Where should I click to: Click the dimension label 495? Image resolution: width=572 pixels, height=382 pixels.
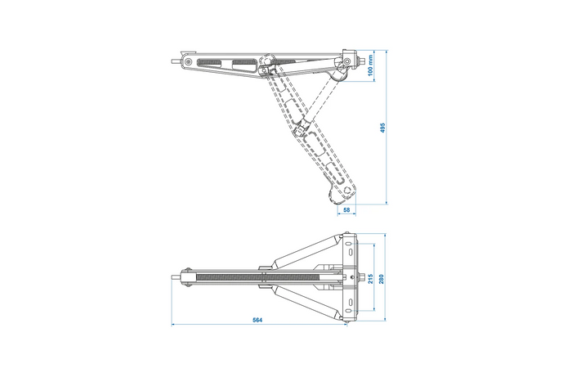[x=382, y=128]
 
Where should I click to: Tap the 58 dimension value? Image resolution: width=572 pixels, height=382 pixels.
[x=346, y=210]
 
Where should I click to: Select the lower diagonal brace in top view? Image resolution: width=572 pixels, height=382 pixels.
[x=310, y=303]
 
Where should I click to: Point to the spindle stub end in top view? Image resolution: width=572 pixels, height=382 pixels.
[x=172, y=278]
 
